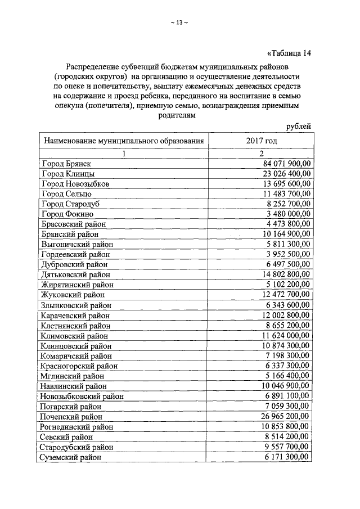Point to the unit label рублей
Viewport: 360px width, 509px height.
click(298, 127)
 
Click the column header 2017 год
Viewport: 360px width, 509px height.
click(260, 140)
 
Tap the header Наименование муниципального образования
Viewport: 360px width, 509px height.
click(123, 140)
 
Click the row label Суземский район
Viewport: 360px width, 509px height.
click(71, 457)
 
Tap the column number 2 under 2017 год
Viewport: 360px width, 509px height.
click(261, 153)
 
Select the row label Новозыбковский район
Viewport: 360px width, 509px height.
click(82, 396)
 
